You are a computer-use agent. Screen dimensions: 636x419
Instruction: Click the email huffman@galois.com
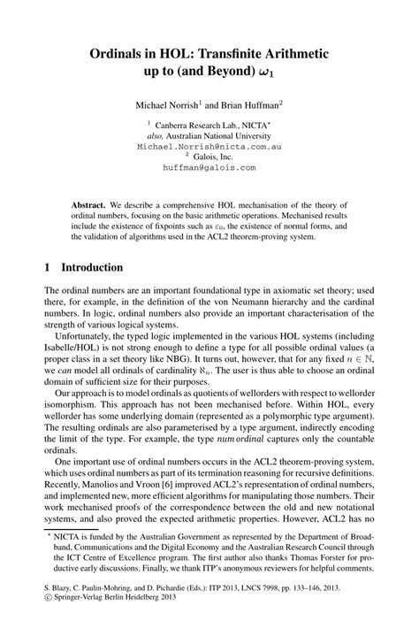[x=209, y=166]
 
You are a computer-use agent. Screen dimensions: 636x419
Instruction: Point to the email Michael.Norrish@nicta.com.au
[x=209, y=146]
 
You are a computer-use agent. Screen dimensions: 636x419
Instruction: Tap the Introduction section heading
[x=97, y=266]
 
